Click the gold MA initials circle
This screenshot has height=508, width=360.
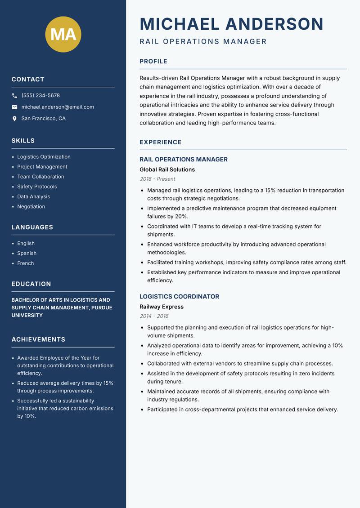63,34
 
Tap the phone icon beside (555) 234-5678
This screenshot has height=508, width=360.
14,96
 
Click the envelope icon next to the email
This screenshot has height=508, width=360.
14,107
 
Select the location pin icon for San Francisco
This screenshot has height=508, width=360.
14,119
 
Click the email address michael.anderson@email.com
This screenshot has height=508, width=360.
58,107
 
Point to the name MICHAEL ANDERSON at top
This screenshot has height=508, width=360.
231,24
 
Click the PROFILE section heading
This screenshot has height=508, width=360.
153,62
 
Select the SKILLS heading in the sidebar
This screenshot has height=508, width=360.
23,141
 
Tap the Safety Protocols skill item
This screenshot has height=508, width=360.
37,187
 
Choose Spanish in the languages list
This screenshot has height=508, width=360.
27,253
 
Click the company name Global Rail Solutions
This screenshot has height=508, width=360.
167,169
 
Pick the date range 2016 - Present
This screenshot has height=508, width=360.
157,179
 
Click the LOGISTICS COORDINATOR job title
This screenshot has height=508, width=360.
179,297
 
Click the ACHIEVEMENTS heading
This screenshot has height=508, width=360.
38,339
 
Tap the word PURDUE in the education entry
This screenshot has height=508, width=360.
101,307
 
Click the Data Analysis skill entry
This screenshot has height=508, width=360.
33,196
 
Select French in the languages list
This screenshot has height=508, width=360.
25,263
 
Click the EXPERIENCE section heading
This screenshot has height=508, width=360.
161,143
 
